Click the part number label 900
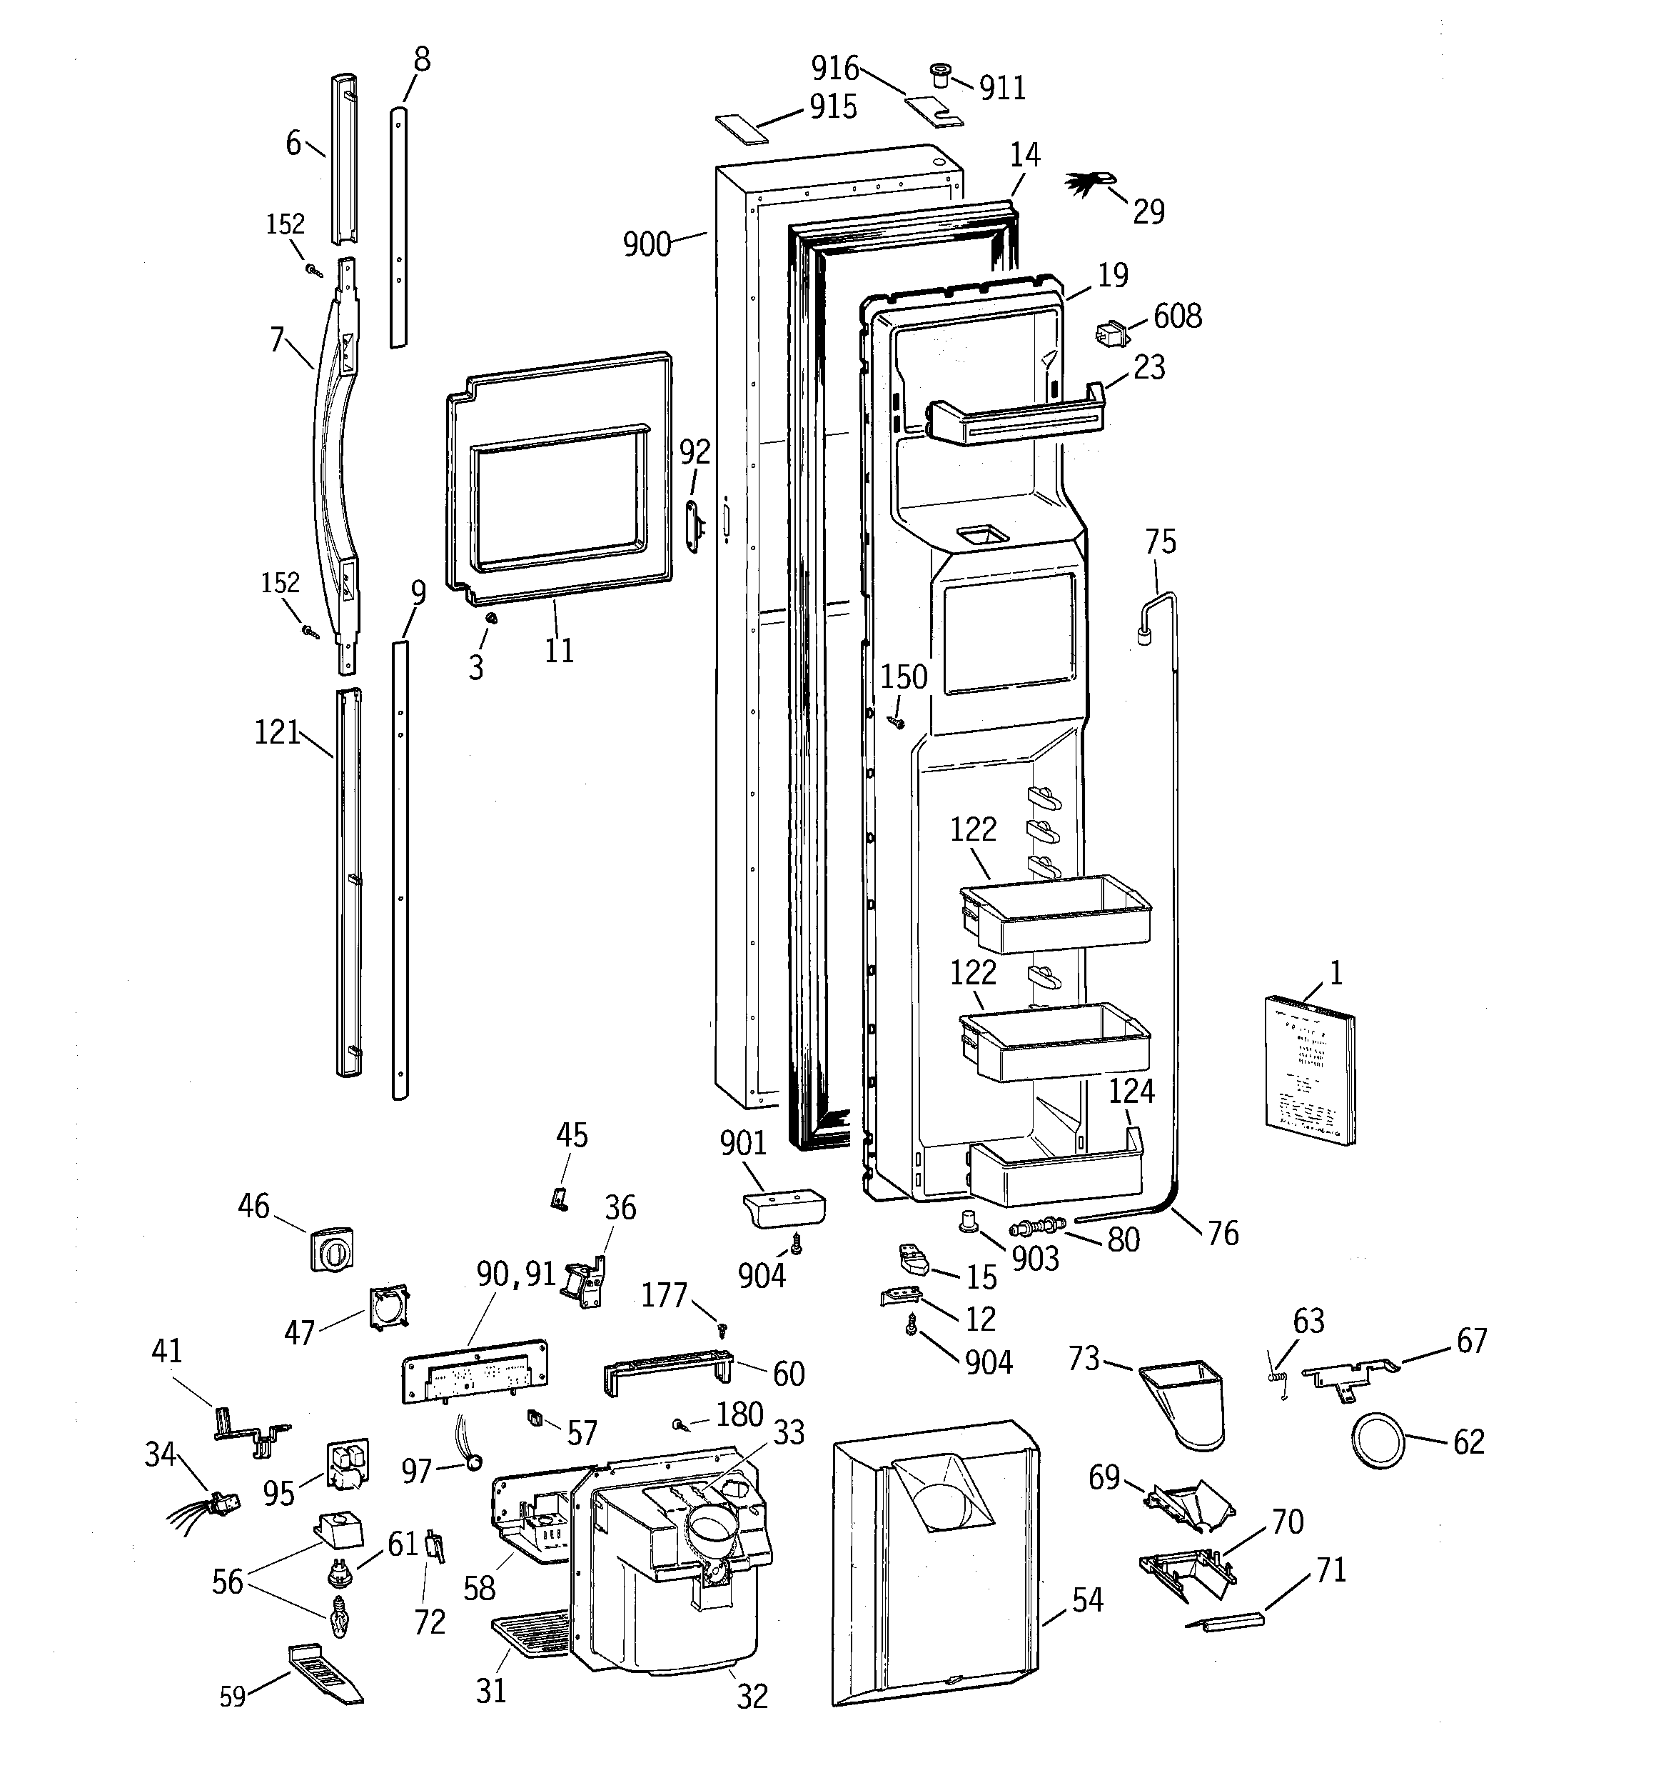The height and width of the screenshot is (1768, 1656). pyautogui.click(x=646, y=244)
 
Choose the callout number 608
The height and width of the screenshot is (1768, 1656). pyautogui.click(x=1177, y=316)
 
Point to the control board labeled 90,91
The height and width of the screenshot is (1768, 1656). pyautogui.click(x=475, y=1372)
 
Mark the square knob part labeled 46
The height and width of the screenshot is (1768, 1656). pyautogui.click(x=330, y=1249)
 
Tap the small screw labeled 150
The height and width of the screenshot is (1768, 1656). pyautogui.click(x=896, y=721)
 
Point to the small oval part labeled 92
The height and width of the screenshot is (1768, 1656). pyautogui.click(x=693, y=519)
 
